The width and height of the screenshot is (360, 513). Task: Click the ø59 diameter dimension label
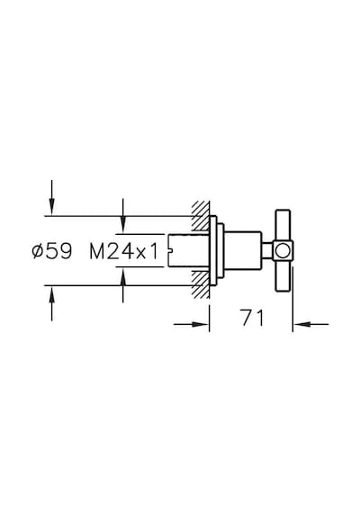51,251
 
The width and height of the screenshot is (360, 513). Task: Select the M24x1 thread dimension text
124,252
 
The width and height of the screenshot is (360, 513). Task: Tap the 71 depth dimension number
252,318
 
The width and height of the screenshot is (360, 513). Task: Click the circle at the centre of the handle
282,251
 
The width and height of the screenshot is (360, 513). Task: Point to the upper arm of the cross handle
283,226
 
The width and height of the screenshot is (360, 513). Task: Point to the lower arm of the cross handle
283,275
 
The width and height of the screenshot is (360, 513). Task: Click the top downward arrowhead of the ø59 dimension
51,207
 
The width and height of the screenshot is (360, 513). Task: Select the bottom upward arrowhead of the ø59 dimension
51,294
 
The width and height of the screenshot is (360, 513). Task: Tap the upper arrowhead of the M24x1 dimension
122,225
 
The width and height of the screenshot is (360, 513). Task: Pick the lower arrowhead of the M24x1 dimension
122,275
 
